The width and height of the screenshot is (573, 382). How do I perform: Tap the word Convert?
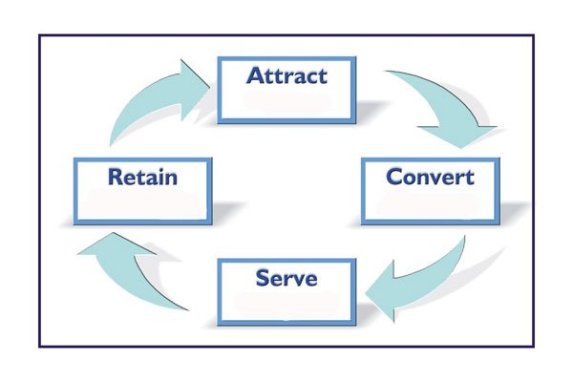tap(430, 177)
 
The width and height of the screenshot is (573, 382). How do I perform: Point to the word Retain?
tap(143, 177)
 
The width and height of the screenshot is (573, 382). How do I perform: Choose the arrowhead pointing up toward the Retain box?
tap(100, 250)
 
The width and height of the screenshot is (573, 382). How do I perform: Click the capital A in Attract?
tap(254, 74)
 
